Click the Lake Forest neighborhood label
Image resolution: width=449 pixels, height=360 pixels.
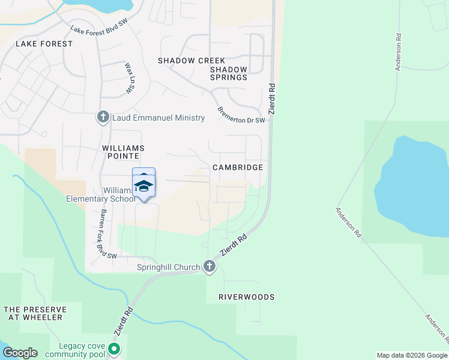point(44,44)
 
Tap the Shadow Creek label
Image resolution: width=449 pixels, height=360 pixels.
point(191,61)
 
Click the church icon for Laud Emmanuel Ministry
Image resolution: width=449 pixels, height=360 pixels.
point(103,118)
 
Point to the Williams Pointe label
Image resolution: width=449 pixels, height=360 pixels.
point(124,152)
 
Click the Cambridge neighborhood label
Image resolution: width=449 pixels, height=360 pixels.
point(238,167)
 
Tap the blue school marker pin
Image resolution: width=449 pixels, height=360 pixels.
point(143,183)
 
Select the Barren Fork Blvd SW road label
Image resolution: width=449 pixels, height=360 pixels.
point(100,234)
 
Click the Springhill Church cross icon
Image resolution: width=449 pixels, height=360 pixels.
point(209,266)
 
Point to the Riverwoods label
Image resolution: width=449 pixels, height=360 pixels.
point(246,297)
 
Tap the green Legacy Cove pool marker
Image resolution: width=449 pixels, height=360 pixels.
point(113,349)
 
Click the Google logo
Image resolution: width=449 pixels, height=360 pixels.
point(20,353)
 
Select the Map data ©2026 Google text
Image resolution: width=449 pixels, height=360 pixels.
point(412,355)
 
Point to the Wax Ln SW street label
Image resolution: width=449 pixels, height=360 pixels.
point(128,78)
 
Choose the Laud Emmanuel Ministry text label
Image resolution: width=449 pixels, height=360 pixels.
point(159,118)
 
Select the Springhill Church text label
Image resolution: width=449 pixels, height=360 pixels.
point(169,267)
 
